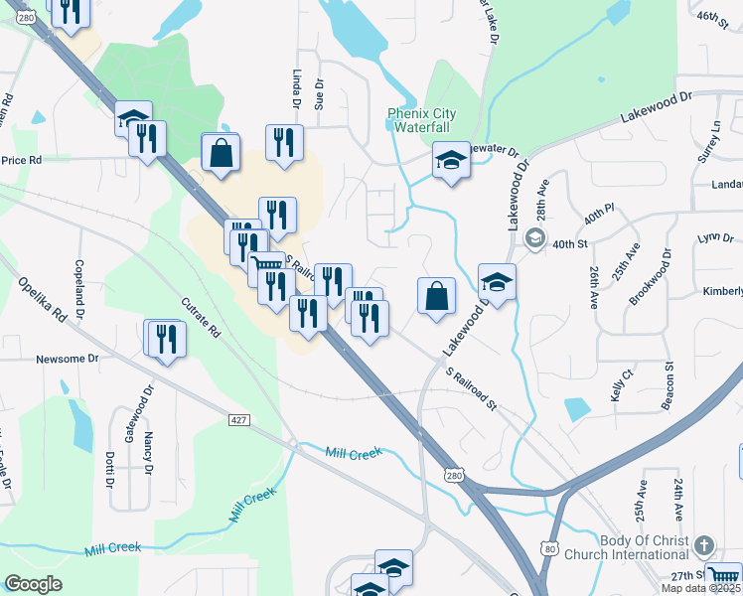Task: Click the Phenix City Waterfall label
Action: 419,120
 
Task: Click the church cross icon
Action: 703,546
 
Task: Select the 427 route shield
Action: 237,421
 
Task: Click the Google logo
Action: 33,584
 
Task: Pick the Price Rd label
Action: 21,159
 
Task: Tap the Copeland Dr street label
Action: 79,283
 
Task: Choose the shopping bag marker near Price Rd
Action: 221,154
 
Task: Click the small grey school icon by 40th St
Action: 535,237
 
